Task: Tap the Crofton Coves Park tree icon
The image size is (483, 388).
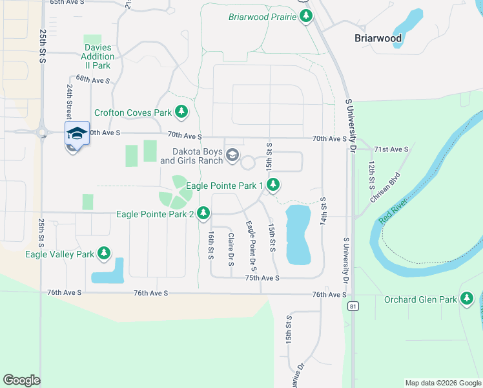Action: [x=181, y=112]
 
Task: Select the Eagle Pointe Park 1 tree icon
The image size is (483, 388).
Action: [x=274, y=186]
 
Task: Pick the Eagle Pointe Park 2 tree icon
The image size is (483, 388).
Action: [x=204, y=213]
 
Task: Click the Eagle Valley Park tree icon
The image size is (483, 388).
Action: [x=104, y=253]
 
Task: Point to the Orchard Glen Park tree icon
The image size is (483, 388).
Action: [x=468, y=299]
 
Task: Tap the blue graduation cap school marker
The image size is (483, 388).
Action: [x=77, y=133]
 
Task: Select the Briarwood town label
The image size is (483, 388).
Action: [x=378, y=38]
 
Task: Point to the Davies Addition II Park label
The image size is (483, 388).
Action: [x=98, y=56]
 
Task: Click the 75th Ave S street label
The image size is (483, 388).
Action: [x=262, y=278]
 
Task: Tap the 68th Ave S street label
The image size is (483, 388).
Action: [x=93, y=81]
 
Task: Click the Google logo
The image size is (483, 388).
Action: [x=21, y=380]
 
